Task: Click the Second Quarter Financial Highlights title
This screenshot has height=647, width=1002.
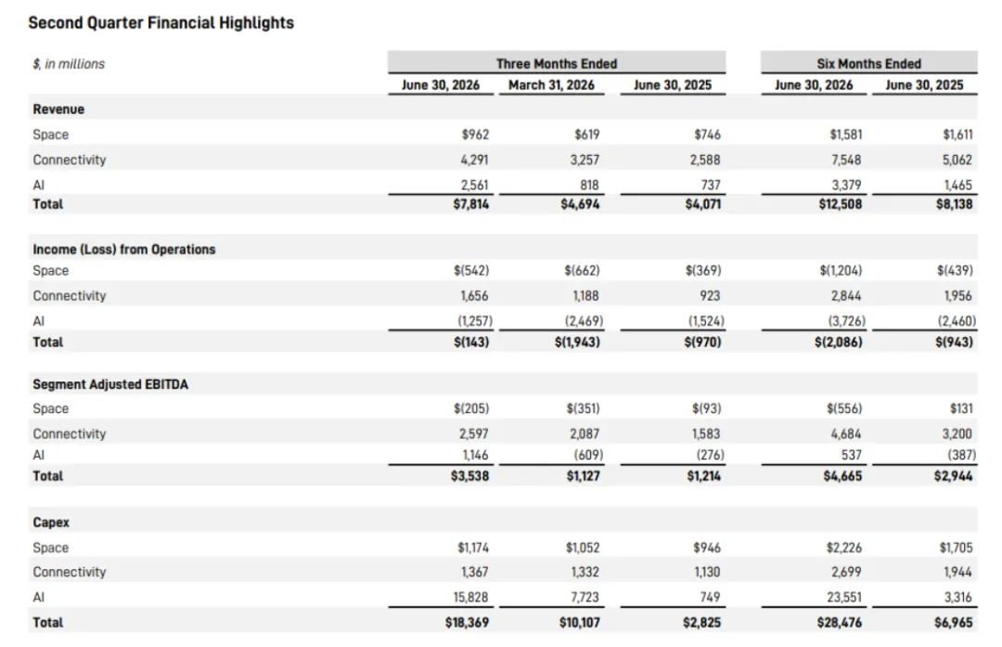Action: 161,23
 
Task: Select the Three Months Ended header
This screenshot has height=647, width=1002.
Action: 557,63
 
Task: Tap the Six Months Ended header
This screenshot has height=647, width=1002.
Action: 868,63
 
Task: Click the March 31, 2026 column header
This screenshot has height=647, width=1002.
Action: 551,85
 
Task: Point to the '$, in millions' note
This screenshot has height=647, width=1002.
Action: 69,64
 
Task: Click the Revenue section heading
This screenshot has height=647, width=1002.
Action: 58,110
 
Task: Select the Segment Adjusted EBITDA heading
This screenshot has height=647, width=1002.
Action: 110,384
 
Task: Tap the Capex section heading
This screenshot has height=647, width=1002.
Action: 51,523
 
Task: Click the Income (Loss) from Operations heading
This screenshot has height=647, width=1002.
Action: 124,250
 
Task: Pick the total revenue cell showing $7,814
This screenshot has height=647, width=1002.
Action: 471,204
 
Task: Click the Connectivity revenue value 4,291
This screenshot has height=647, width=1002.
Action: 474,160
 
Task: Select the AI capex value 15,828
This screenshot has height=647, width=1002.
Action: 470,597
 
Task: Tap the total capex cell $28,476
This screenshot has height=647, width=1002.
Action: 839,622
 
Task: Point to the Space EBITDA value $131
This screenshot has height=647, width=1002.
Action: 961,408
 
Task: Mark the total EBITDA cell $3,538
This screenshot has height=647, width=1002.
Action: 469,475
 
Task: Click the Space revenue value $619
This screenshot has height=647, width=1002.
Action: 586,135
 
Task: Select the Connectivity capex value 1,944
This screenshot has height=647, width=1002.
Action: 957,572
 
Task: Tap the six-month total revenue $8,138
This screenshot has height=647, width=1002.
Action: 954,204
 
